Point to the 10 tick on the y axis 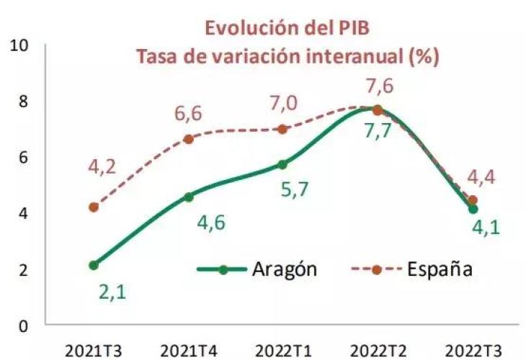pos(20,45)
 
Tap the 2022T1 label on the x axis pos(283,351)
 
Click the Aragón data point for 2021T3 pos(94,265)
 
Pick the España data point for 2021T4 pos(189,139)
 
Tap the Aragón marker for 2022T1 pos(283,165)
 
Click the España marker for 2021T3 pos(94,207)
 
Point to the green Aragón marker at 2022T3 pos(473,209)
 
